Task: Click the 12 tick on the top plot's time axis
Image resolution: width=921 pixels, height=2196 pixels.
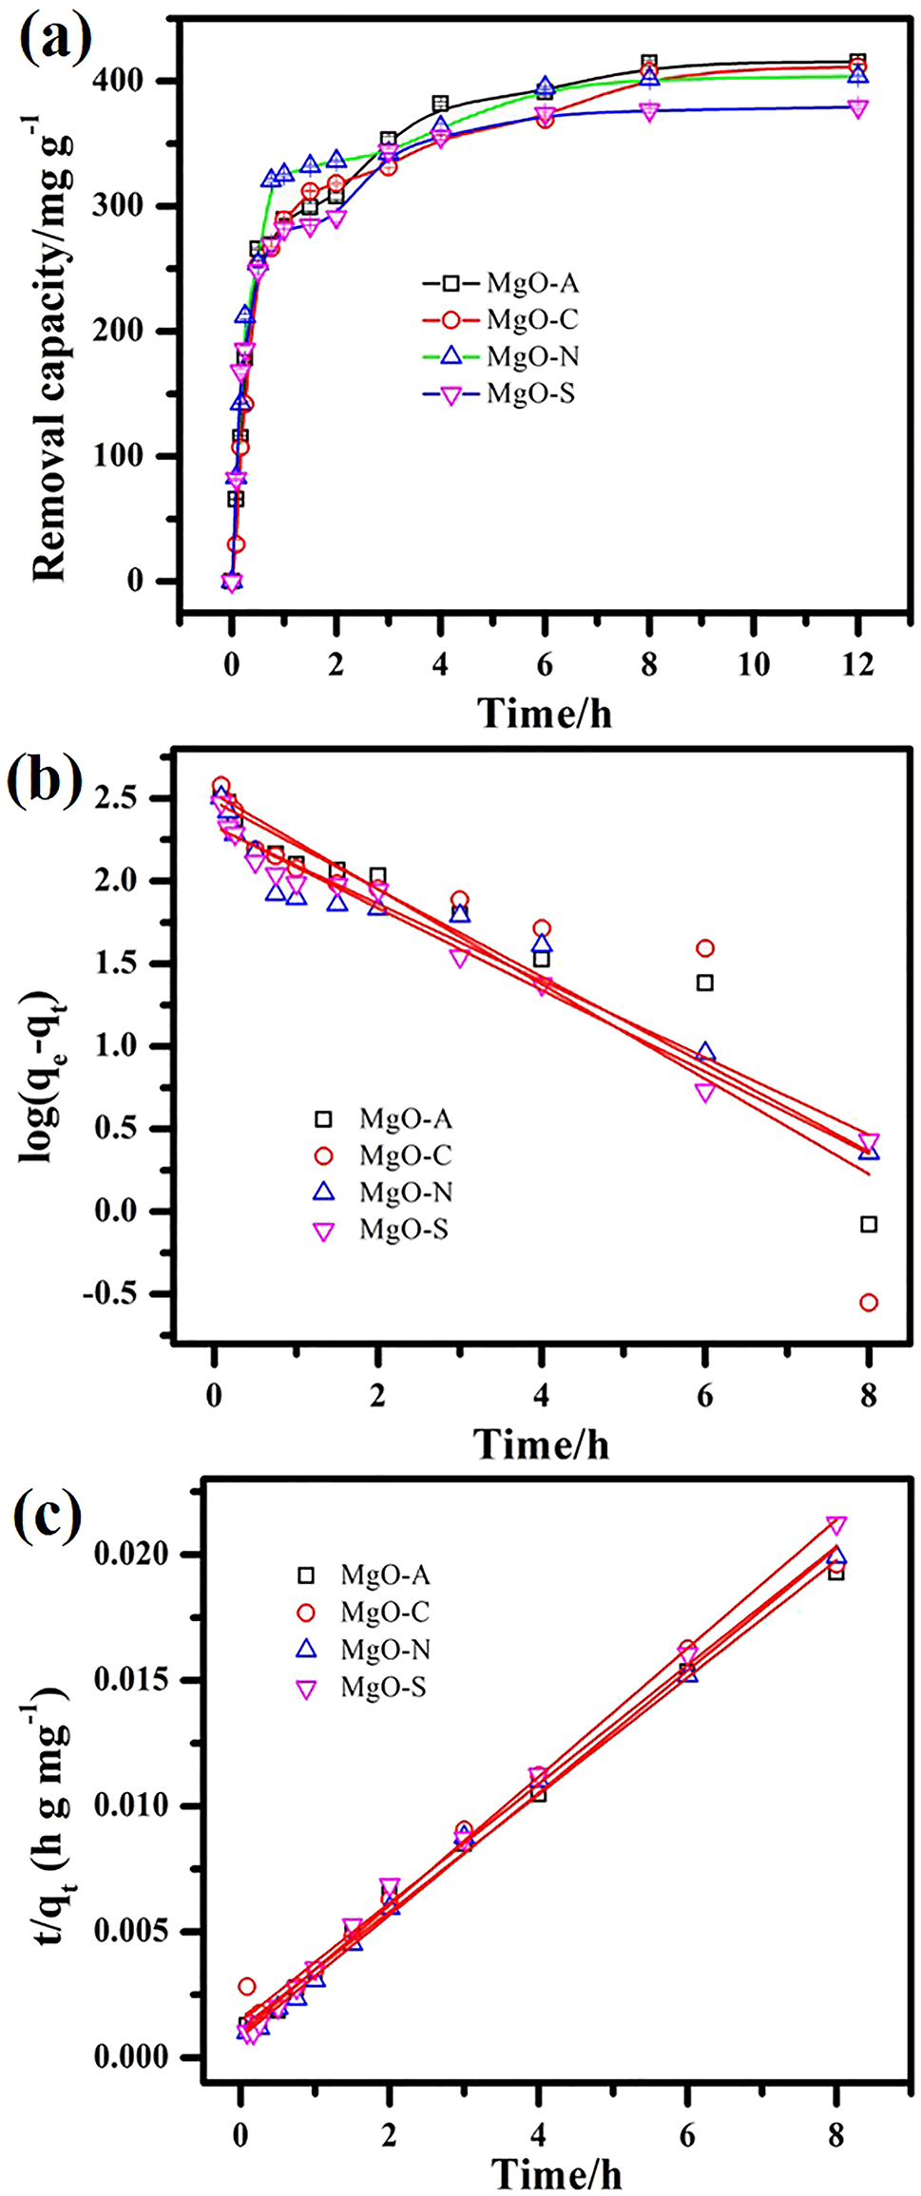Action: (857, 664)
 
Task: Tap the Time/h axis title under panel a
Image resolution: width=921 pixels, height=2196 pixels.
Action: (545, 713)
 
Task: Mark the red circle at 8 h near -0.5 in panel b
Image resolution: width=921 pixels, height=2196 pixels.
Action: (868, 1303)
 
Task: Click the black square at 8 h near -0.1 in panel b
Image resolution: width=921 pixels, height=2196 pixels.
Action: (868, 1225)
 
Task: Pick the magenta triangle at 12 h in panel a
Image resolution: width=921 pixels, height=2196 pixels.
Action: (857, 109)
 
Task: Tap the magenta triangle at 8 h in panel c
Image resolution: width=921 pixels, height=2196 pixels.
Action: (836, 1525)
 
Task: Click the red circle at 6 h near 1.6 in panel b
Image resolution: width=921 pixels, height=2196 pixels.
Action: (704, 948)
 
